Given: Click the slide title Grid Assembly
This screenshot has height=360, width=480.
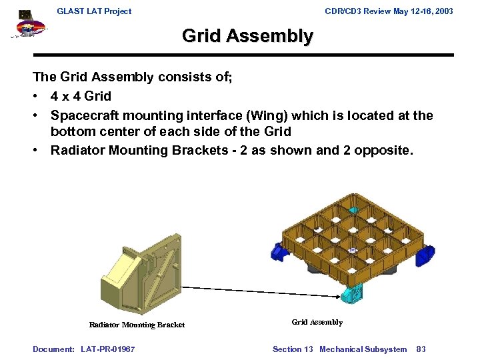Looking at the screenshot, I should coord(247,36).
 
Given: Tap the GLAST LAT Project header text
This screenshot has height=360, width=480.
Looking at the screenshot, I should coord(94,11).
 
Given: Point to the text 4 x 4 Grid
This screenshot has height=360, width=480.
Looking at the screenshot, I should coord(81,97).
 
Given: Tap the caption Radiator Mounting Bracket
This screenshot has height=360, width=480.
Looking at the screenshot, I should coord(137,325).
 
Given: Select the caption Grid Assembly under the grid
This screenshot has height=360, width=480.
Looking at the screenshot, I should coord(317,322).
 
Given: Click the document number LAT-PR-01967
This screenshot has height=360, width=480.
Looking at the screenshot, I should coord(107,349).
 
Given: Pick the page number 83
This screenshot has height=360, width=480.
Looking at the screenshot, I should coord(421,349).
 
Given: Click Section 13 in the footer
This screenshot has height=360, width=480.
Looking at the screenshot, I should coord(293,349).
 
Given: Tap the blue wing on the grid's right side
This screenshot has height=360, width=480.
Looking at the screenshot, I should coord(425,255).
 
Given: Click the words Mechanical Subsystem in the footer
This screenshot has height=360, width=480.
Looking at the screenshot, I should coord(363,349).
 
